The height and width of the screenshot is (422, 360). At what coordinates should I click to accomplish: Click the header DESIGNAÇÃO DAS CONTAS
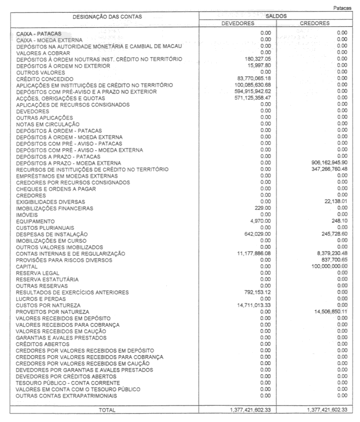click(107, 17)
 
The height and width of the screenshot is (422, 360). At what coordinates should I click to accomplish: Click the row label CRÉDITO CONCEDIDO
click(45, 79)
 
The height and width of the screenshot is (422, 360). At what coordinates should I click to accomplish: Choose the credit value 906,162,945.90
click(326, 162)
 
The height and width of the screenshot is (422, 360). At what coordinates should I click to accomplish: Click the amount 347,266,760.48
click(326, 169)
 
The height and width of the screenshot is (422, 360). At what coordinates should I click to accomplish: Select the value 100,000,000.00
click(326, 267)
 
